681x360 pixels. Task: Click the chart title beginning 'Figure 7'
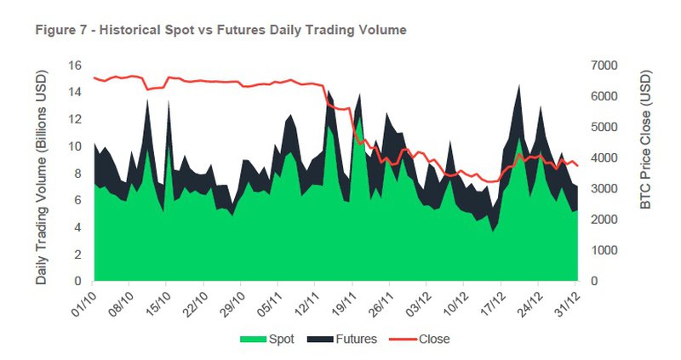(x=220, y=30)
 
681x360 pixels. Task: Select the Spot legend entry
(x=281, y=339)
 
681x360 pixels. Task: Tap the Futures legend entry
(x=356, y=339)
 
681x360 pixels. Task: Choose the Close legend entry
(x=433, y=339)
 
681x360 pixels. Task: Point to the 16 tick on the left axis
(x=75, y=66)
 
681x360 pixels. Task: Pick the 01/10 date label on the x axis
(x=84, y=299)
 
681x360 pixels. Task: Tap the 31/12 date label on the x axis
(x=568, y=299)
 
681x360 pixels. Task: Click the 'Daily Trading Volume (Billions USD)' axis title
(x=41, y=173)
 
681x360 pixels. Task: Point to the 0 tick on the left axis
(x=78, y=281)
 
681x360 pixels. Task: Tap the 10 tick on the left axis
(x=75, y=146)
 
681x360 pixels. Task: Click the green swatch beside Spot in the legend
(x=252, y=339)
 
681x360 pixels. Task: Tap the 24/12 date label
(x=530, y=299)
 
